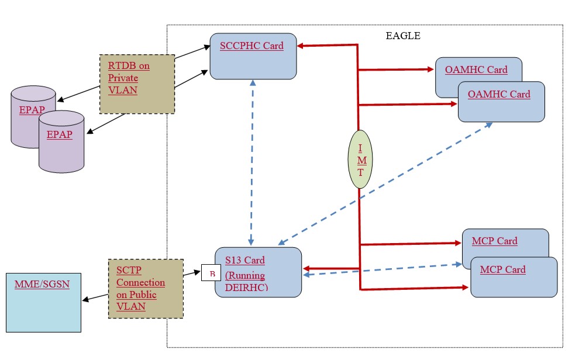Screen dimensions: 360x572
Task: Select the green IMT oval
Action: [x=360, y=159]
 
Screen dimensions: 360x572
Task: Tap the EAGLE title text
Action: [x=402, y=36]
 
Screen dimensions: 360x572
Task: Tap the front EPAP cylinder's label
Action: [x=60, y=134]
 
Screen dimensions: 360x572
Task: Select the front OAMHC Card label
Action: [x=499, y=94]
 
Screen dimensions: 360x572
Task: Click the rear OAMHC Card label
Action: [x=476, y=70]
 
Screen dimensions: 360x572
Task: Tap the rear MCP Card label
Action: [x=494, y=241]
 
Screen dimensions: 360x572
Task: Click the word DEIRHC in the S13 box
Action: [x=246, y=287]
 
